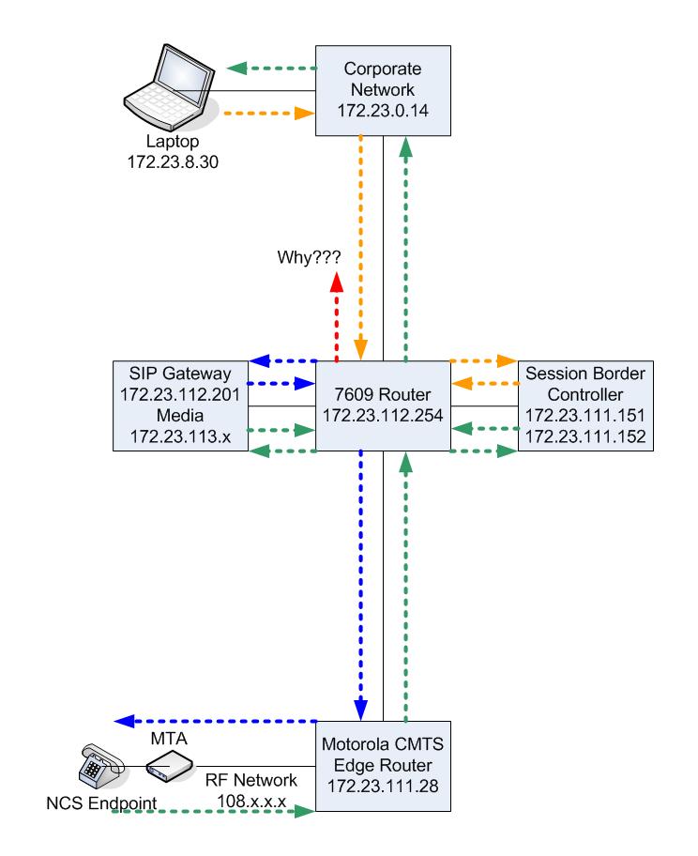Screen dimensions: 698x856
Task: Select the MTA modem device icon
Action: click(x=170, y=765)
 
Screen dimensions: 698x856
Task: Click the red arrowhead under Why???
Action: click(x=337, y=282)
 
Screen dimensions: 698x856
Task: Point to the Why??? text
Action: click(x=309, y=256)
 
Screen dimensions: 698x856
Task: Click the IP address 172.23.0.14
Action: click(x=383, y=110)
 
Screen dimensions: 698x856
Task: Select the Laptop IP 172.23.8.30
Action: click(x=173, y=161)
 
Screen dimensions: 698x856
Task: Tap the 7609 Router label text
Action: click(x=383, y=394)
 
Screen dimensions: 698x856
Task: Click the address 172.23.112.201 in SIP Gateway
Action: click(x=180, y=394)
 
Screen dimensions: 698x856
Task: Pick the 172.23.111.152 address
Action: click(x=585, y=436)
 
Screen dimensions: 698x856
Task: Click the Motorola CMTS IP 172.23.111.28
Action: click(x=383, y=786)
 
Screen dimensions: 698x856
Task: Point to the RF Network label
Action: click(x=251, y=780)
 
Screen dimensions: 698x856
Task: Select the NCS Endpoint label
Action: click(x=101, y=803)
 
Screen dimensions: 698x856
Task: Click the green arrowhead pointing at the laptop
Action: click(x=236, y=69)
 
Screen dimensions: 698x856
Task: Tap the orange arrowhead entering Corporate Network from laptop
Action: click(x=305, y=114)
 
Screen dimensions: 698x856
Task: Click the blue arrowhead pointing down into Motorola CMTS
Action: click(x=361, y=711)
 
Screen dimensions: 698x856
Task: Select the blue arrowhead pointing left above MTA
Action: click(x=125, y=721)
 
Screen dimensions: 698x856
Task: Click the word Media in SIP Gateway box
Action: click(x=180, y=415)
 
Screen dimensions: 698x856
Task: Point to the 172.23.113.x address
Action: click(x=180, y=436)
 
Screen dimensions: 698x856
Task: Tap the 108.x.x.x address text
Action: click(x=251, y=801)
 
